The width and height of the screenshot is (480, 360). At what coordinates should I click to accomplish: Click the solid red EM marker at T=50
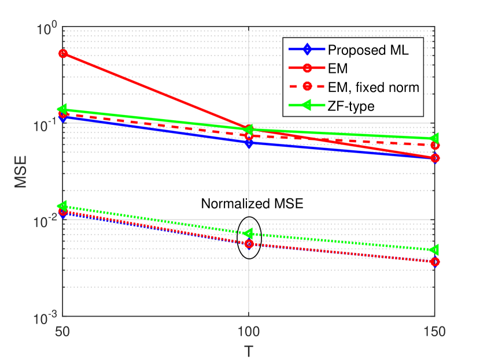(63, 54)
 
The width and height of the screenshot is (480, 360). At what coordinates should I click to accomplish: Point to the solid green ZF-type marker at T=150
(434, 139)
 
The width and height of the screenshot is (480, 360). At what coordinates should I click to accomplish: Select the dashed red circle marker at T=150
(434, 145)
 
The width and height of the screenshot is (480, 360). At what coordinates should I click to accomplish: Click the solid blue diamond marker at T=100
(249, 143)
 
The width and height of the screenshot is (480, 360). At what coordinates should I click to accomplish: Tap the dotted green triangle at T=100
(249, 233)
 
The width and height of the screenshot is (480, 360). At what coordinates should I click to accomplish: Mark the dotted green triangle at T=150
(434, 250)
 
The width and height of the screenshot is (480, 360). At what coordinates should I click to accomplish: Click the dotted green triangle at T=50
(63, 206)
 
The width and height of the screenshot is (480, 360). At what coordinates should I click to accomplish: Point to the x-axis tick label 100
(249, 333)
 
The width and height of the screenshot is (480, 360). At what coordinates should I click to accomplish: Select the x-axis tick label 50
(63, 333)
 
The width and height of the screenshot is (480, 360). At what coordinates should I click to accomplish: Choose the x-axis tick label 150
(434, 333)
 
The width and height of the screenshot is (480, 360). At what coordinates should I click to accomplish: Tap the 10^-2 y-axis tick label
(44, 221)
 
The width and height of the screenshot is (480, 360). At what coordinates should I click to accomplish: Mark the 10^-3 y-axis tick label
(44, 317)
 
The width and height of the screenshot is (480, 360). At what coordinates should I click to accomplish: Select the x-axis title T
(249, 351)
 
